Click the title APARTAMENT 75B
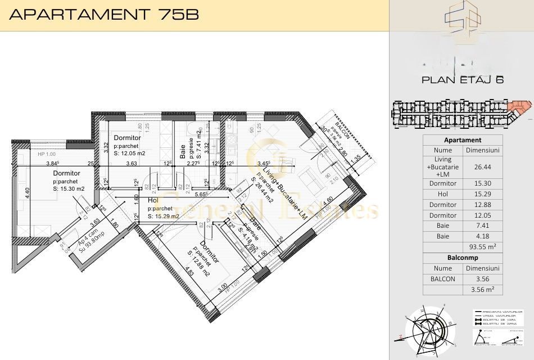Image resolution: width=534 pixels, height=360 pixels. point(104,15)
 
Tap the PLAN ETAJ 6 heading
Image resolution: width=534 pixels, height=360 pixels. point(462,80)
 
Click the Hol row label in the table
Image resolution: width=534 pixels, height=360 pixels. point(442,194)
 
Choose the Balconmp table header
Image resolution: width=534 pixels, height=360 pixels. point(462,258)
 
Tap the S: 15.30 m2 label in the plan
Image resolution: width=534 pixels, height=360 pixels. point(69,189)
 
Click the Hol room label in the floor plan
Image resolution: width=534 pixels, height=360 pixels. point(152,200)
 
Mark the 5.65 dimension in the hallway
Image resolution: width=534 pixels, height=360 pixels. point(200,194)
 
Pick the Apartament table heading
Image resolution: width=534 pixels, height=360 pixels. point(462,140)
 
